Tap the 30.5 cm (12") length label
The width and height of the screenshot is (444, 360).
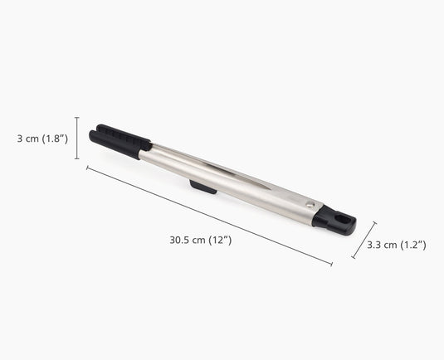200,240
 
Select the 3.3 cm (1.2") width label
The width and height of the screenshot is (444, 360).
396,245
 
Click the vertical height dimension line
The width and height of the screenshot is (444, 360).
77,138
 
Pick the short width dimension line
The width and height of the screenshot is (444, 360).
364,240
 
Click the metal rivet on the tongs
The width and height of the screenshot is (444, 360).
310,204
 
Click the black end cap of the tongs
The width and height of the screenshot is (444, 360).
335,219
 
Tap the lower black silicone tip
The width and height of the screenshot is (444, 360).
115,146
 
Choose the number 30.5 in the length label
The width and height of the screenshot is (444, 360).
179,240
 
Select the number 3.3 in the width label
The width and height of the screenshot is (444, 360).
375,245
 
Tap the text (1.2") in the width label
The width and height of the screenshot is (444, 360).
412,245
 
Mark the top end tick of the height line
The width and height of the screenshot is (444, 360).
77,118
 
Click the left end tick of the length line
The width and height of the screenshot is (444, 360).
87,168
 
